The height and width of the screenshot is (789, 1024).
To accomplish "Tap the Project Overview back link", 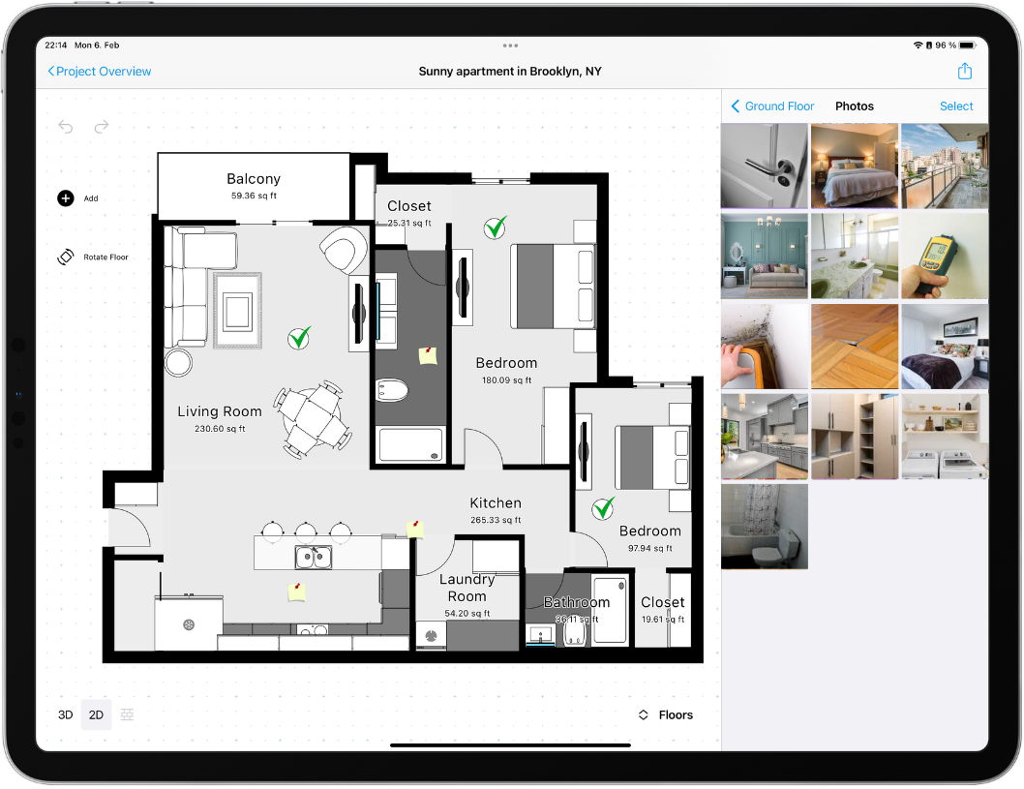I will (x=100, y=72).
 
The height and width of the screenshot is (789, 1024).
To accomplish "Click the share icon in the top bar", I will (x=964, y=72).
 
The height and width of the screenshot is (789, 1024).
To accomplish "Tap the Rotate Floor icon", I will (x=66, y=258).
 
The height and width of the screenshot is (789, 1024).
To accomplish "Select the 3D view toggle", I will (x=65, y=715).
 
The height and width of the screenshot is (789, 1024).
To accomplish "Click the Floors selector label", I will (x=676, y=715).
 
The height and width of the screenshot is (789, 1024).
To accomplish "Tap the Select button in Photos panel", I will (x=955, y=106).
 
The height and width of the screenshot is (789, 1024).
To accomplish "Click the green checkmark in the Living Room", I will (x=300, y=338).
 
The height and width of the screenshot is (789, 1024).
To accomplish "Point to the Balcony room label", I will (x=254, y=179).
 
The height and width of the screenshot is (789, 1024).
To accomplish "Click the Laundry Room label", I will (x=467, y=588).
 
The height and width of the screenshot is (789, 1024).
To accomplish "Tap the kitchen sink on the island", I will (x=313, y=558).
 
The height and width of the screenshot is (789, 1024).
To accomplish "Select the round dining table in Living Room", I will (x=311, y=418).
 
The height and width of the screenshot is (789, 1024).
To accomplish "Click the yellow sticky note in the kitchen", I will (x=296, y=592).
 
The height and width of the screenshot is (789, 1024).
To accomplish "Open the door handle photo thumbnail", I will (x=764, y=166).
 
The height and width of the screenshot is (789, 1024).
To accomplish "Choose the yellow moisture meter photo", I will (x=944, y=256).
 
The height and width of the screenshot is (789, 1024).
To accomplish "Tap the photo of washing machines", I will (x=944, y=436).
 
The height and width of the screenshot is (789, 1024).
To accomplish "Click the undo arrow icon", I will (x=66, y=127).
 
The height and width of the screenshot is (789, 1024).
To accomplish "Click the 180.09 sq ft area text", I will (x=506, y=380).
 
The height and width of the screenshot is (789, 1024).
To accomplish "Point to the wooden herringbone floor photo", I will (x=854, y=346).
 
